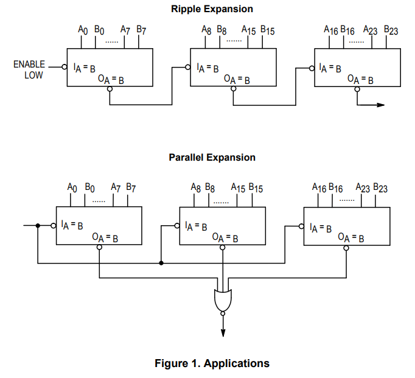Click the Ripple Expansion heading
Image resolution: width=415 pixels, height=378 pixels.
click(x=211, y=9)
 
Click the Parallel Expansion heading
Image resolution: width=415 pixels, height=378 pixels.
click(x=212, y=157)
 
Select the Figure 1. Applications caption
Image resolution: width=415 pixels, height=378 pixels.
click(x=212, y=363)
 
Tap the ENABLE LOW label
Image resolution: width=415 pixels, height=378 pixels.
click(x=29, y=69)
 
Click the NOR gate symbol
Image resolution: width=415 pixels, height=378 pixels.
click(x=222, y=299)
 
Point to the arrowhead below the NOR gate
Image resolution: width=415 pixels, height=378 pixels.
click(x=223, y=332)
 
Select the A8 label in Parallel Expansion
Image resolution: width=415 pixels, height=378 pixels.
click(x=196, y=188)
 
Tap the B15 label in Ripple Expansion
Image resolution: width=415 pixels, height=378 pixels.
click(x=268, y=29)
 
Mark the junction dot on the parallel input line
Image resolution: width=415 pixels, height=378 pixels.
click(x=38, y=226)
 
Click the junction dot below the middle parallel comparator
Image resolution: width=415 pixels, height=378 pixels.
click(x=161, y=264)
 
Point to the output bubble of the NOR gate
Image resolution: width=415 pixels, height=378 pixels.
click(x=223, y=313)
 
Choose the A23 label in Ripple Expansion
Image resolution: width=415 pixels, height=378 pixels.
click(x=370, y=29)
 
